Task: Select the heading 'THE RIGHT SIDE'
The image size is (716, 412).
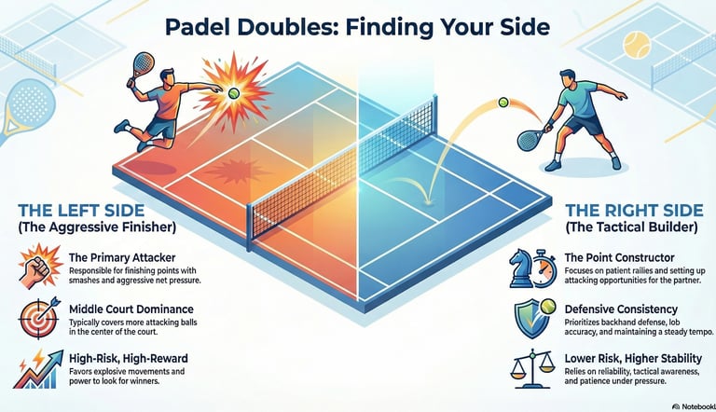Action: click(x=631, y=209)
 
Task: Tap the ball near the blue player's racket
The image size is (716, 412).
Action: click(x=504, y=102)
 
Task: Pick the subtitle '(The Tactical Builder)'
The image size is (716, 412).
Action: click(x=632, y=227)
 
